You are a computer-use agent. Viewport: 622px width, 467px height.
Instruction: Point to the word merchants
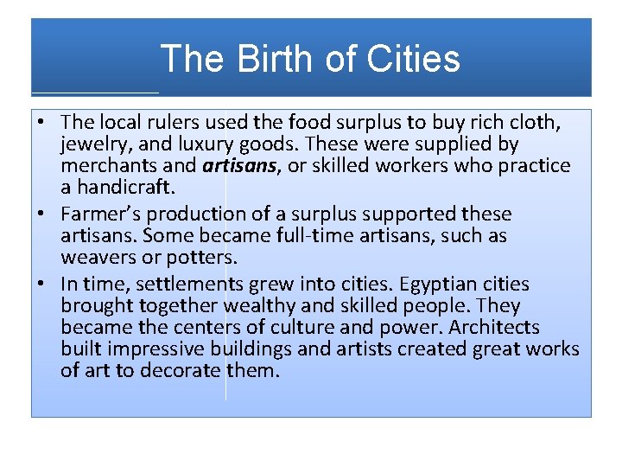[x=104, y=165]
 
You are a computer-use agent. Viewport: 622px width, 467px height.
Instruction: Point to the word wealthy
[x=258, y=306]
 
